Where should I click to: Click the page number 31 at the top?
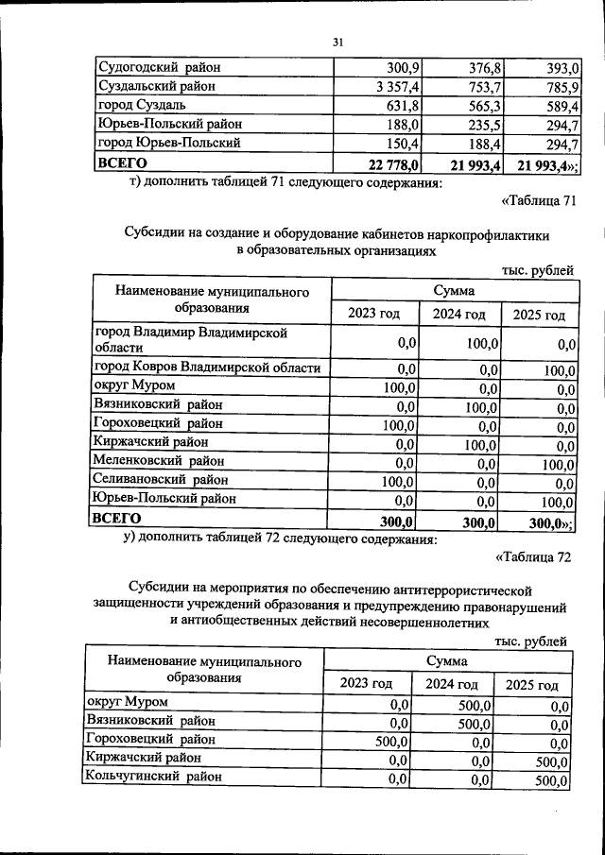click(x=337, y=42)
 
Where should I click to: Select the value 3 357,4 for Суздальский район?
click(x=398, y=86)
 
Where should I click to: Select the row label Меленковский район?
click(x=159, y=460)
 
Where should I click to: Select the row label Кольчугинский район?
click(x=154, y=777)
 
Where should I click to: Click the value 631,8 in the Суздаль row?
click(x=404, y=105)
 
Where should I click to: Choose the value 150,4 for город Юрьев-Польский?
click(x=404, y=143)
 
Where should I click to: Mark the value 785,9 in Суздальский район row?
click(x=561, y=86)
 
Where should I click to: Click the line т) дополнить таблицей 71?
click(x=285, y=182)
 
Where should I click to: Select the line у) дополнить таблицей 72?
click(x=280, y=539)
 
